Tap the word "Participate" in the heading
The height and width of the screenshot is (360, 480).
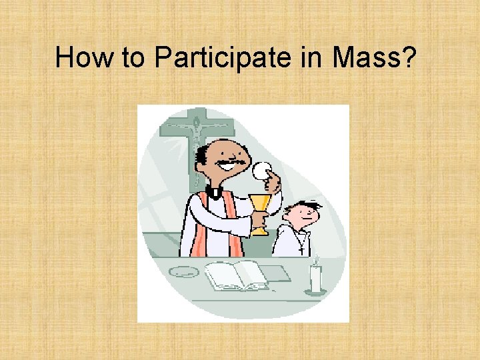[x=215, y=59]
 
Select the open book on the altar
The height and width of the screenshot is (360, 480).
[x=236, y=274]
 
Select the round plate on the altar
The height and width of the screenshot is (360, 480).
[x=184, y=272]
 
